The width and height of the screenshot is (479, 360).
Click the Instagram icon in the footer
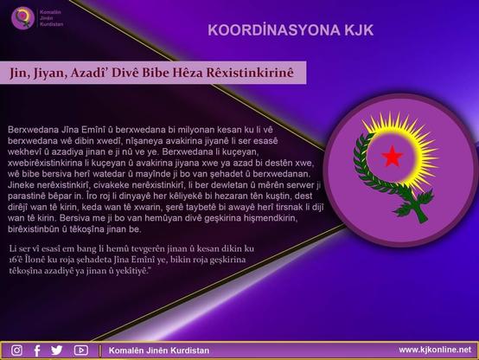16,350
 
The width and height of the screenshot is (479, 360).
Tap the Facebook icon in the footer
37,350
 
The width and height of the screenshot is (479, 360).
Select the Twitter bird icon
57,350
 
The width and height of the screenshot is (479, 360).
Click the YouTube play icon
81,350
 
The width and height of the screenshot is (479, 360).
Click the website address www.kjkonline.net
435,350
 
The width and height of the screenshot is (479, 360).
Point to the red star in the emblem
393,157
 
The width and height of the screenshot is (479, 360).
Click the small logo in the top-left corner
22,18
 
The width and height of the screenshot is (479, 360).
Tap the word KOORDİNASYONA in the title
274,30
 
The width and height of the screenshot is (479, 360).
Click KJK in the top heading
359,30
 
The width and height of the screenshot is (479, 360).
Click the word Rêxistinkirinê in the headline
250,73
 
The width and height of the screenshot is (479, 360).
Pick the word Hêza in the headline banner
188,73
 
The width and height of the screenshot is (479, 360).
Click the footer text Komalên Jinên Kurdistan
159,350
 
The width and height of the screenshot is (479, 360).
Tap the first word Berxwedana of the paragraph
33,130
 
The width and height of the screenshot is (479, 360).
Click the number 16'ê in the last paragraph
16,260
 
